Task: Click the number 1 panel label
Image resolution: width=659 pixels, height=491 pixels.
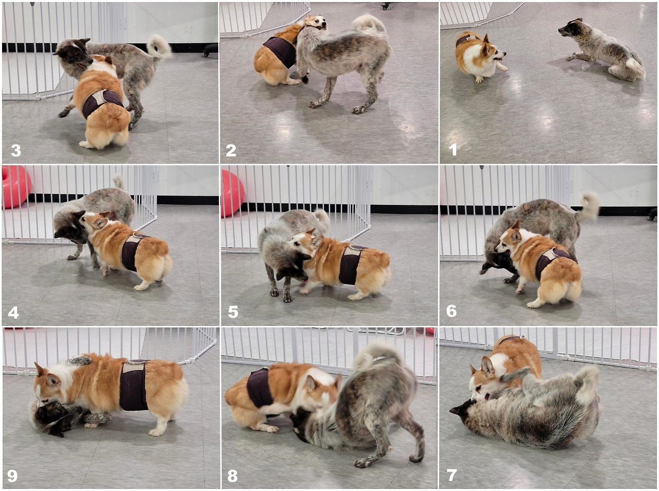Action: (453, 150)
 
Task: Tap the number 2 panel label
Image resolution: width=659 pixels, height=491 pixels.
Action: (231, 150)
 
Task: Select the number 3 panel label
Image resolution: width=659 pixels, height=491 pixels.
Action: (15, 150)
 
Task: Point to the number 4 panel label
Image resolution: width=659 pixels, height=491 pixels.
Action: (13, 313)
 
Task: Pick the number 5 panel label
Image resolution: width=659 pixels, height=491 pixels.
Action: (233, 312)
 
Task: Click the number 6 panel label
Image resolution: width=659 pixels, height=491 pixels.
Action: (451, 311)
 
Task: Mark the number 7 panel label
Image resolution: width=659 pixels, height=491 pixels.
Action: (451, 475)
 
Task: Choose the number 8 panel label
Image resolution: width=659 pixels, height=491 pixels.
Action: (232, 476)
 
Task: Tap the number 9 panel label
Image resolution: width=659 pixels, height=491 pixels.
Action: (12, 476)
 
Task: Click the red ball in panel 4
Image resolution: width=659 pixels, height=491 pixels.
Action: (15, 187)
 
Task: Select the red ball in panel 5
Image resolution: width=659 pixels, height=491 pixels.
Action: (232, 193)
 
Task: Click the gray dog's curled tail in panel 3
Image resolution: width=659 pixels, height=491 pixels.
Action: (159, 46)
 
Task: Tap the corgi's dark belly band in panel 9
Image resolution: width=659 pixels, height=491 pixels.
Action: (133, 385)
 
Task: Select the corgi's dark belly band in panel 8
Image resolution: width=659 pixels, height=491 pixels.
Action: (260, 389)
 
